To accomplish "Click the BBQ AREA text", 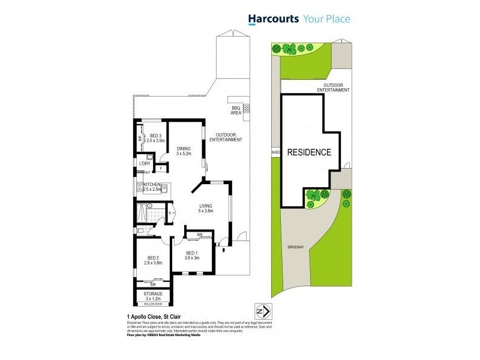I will (236, 110).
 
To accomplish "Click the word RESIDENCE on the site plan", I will (309, 152).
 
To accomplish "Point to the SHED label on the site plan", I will (276, 152).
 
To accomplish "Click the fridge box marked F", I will (161, 169).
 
